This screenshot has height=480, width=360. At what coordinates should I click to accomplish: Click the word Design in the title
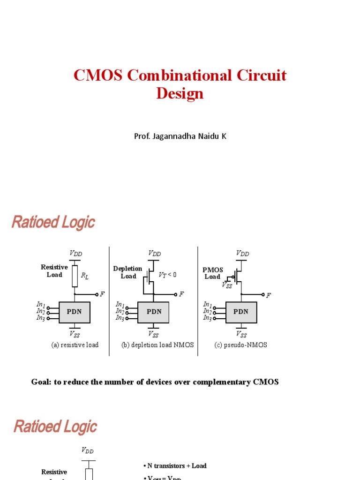180,93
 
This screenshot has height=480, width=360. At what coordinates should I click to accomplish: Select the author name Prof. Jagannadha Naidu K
180,136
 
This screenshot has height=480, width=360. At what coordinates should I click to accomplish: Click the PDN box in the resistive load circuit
75,312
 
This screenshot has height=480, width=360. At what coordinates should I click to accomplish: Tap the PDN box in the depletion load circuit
153,312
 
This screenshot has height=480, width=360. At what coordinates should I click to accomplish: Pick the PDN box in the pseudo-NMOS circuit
241,312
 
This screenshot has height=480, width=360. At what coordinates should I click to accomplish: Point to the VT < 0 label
167,275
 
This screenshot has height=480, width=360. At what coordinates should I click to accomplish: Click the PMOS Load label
212,273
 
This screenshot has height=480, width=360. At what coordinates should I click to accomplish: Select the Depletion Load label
128,272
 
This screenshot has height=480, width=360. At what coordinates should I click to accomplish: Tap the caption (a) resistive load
75,345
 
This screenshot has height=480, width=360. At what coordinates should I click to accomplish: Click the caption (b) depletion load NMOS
157,345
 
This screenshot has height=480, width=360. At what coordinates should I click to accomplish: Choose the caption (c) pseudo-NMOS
241,345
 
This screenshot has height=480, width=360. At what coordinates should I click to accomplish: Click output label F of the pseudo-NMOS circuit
269,295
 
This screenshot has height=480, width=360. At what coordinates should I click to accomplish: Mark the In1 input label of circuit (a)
41,305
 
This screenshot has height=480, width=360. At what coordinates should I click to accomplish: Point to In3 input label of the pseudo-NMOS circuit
208,318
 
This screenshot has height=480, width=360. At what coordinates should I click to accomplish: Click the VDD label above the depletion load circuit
154,253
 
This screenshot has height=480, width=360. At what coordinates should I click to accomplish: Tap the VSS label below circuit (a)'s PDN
75,334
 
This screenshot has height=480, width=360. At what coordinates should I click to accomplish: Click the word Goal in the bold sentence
40,382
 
